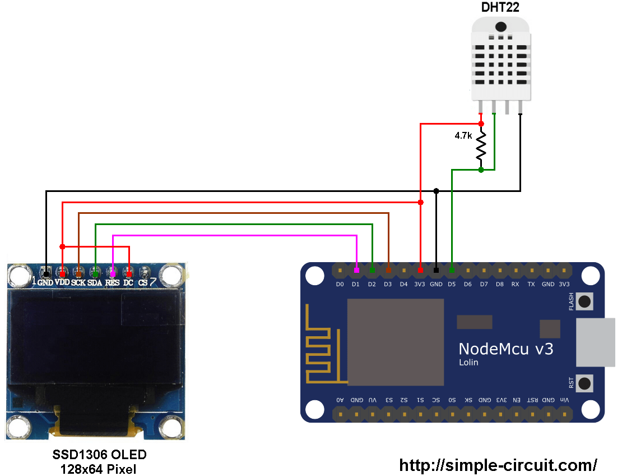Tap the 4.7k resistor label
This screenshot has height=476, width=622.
463,136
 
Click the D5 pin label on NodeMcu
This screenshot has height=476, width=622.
452,284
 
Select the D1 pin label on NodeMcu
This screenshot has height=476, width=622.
355,284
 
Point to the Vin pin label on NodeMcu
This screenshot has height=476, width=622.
564,400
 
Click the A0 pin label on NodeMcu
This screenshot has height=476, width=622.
340,400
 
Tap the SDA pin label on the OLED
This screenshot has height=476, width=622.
95,282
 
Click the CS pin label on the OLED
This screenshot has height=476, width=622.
143,282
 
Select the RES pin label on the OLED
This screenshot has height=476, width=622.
112,282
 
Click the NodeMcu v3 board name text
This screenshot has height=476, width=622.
505,349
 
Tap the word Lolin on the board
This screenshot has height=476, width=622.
468,363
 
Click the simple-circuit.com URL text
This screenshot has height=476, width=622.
498,465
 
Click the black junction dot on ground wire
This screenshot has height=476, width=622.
436,191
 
